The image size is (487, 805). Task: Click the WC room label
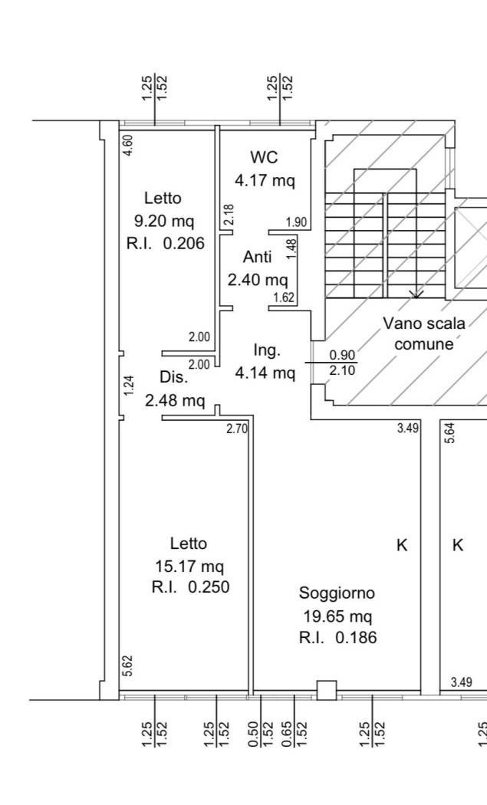tap(264, 156)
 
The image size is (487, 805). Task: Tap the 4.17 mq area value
tap(265, 180)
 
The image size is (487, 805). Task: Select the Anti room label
tap(258, 256)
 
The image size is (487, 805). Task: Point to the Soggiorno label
tap(337, 593)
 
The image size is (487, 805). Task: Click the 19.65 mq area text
tap(337, 616)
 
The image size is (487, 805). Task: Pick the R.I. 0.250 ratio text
tap(191, 586)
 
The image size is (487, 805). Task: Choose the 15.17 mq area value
tap(189, 567)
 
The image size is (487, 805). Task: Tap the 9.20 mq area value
tap(164, 221)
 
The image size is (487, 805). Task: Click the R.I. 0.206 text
tap(166, 243)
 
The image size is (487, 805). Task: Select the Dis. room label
tap(174, 377)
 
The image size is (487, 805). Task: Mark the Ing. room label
tap(267, 350)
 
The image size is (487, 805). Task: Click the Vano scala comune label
tap(424, 333)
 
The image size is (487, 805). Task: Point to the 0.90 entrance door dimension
tap(342, 355)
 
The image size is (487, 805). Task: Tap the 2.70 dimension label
tap(237, 428)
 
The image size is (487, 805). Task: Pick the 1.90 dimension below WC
tap(296, 222)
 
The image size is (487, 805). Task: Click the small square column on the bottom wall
tap(327, 690)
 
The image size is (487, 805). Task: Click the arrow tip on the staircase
tap(416, 297)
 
